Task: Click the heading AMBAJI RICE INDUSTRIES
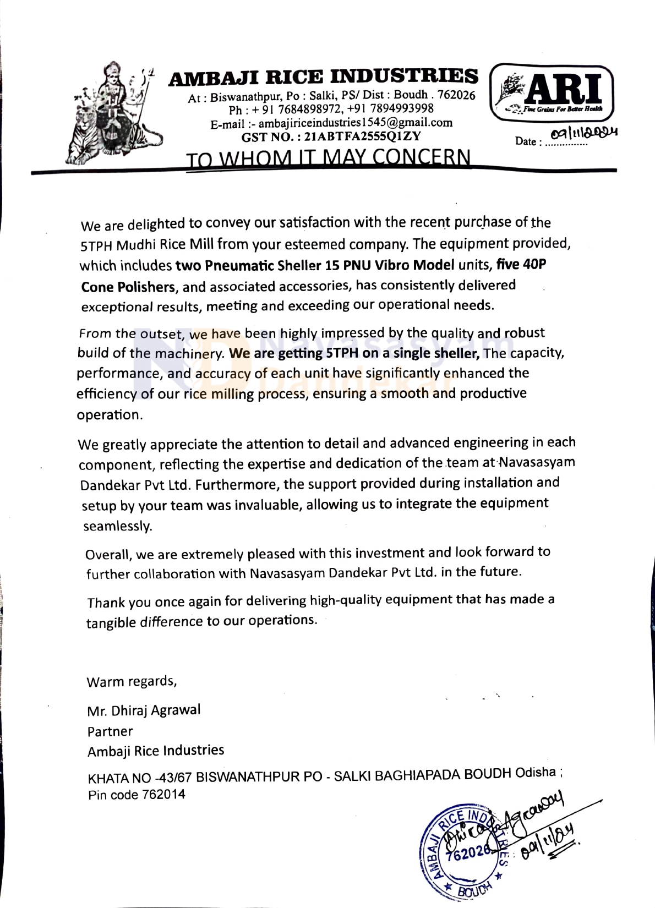click(323, 76)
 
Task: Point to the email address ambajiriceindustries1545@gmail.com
click(356, 122)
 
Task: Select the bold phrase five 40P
click(521, 264)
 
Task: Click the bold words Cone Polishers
click(128, 287)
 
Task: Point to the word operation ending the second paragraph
click(109, 415)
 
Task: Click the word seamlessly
click(117, 526)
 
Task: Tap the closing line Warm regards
click(132, 681)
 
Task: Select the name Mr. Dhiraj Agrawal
click(144, 710)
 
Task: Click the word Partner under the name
click(110, 731)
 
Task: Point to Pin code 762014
click(137, 795)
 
